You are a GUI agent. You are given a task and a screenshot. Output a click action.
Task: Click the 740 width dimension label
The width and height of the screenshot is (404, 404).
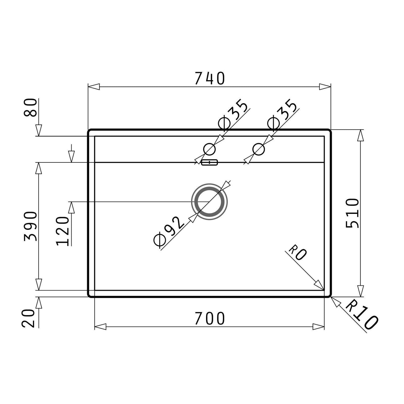[x=210, y=78]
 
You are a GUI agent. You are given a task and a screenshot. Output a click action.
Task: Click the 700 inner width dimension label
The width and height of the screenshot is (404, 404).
[x=210, y=318]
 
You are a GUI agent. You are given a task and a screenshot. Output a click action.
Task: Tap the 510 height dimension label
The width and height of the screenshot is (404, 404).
[x=352, y=213]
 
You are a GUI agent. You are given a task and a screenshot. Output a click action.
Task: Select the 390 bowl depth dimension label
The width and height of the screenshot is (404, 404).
[x=30, y=226]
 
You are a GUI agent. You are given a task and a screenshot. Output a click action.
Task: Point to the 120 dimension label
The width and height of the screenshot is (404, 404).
[x=62, y=231]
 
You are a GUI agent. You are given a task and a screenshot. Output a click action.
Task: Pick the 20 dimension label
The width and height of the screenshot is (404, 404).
[x=28, y=318]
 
